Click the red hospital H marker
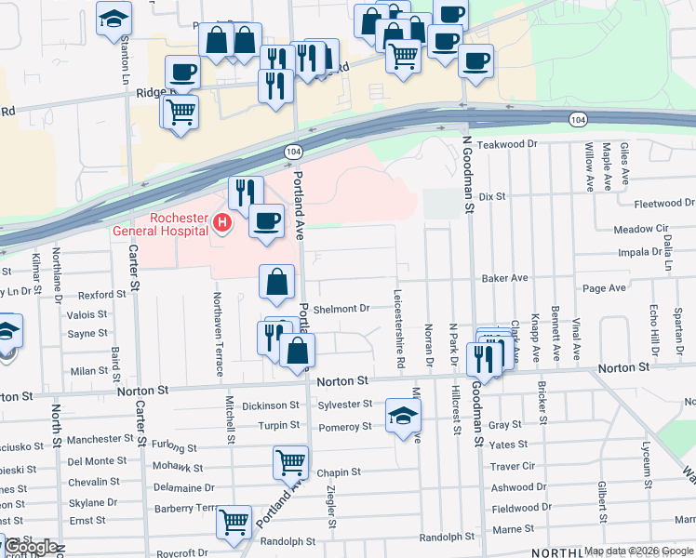coord(221,222)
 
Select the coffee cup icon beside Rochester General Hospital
coord(266,221)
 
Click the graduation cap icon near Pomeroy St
coord(403,415)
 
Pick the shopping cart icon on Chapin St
coord(290,461)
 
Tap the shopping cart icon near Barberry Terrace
coord(234,521)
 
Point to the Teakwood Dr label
coord(507,144)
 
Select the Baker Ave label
coord(504,278)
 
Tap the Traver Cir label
coord(513,466)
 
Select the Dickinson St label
coord(270,405)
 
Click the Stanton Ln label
coord(126,52)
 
